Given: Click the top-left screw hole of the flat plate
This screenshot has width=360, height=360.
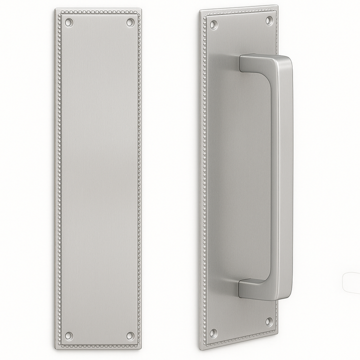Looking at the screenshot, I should coord(68,22).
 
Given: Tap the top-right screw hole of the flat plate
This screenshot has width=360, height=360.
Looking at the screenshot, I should coord(130,22).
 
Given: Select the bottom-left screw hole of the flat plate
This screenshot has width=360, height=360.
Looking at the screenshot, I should coord(69,335).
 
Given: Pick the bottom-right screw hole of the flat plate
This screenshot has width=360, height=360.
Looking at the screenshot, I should coord(130,335).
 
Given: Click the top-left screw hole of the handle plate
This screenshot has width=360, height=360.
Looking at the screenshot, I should coord(213,24).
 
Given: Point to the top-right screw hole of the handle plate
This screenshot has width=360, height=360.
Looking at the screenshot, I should coord(269,20).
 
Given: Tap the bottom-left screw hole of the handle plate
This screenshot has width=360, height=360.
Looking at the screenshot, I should coord(213,332).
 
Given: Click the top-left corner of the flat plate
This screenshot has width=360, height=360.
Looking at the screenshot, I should coord(56,9).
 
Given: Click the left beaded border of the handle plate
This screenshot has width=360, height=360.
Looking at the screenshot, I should coord(203,175).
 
